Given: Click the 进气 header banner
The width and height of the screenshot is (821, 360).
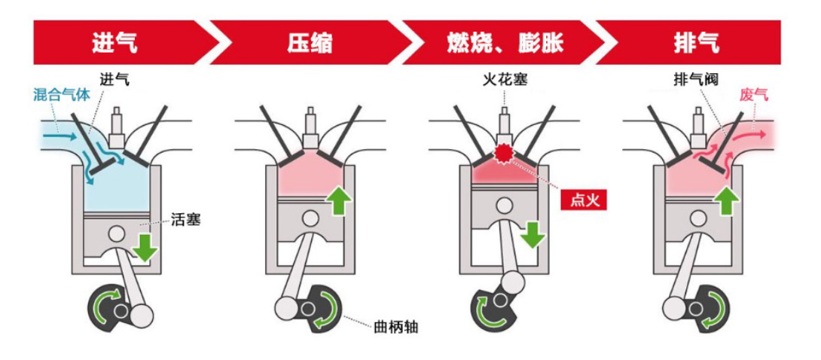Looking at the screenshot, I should (113, 41).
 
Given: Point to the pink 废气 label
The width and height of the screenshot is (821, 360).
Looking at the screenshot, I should (754, 96).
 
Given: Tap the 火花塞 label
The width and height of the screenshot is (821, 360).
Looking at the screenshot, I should (504, 78).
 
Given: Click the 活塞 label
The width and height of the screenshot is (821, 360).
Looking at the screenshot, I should (185, 221).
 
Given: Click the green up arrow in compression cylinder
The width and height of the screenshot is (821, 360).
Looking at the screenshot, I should (338, 200).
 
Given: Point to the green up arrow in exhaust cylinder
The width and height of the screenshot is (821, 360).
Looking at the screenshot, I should (727, 200).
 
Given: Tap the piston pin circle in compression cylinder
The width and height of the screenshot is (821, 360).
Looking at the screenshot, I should (310, 219).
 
